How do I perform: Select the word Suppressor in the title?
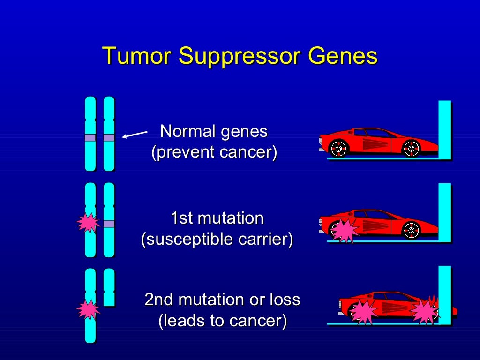(239, 57)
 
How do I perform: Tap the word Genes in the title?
(342, 56)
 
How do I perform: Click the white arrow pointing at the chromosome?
(135, 135)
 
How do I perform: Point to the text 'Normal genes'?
(214, 131)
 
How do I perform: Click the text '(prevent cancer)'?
(214, 152)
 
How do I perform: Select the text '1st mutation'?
(217, 218)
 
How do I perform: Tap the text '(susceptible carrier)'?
(217, 239)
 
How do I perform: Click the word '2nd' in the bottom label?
(160, 300)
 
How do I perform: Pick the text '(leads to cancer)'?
(222, 321)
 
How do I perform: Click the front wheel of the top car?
(411, 149)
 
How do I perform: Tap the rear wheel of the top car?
(338, 149)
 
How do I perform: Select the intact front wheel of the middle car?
(411, 230)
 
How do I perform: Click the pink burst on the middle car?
(345, 230)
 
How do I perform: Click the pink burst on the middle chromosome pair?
(88, 223)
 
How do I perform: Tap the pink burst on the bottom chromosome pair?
(88, 309)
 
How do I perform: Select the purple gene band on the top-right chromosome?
(109, 137)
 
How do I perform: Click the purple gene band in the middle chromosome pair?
(109, 224)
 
